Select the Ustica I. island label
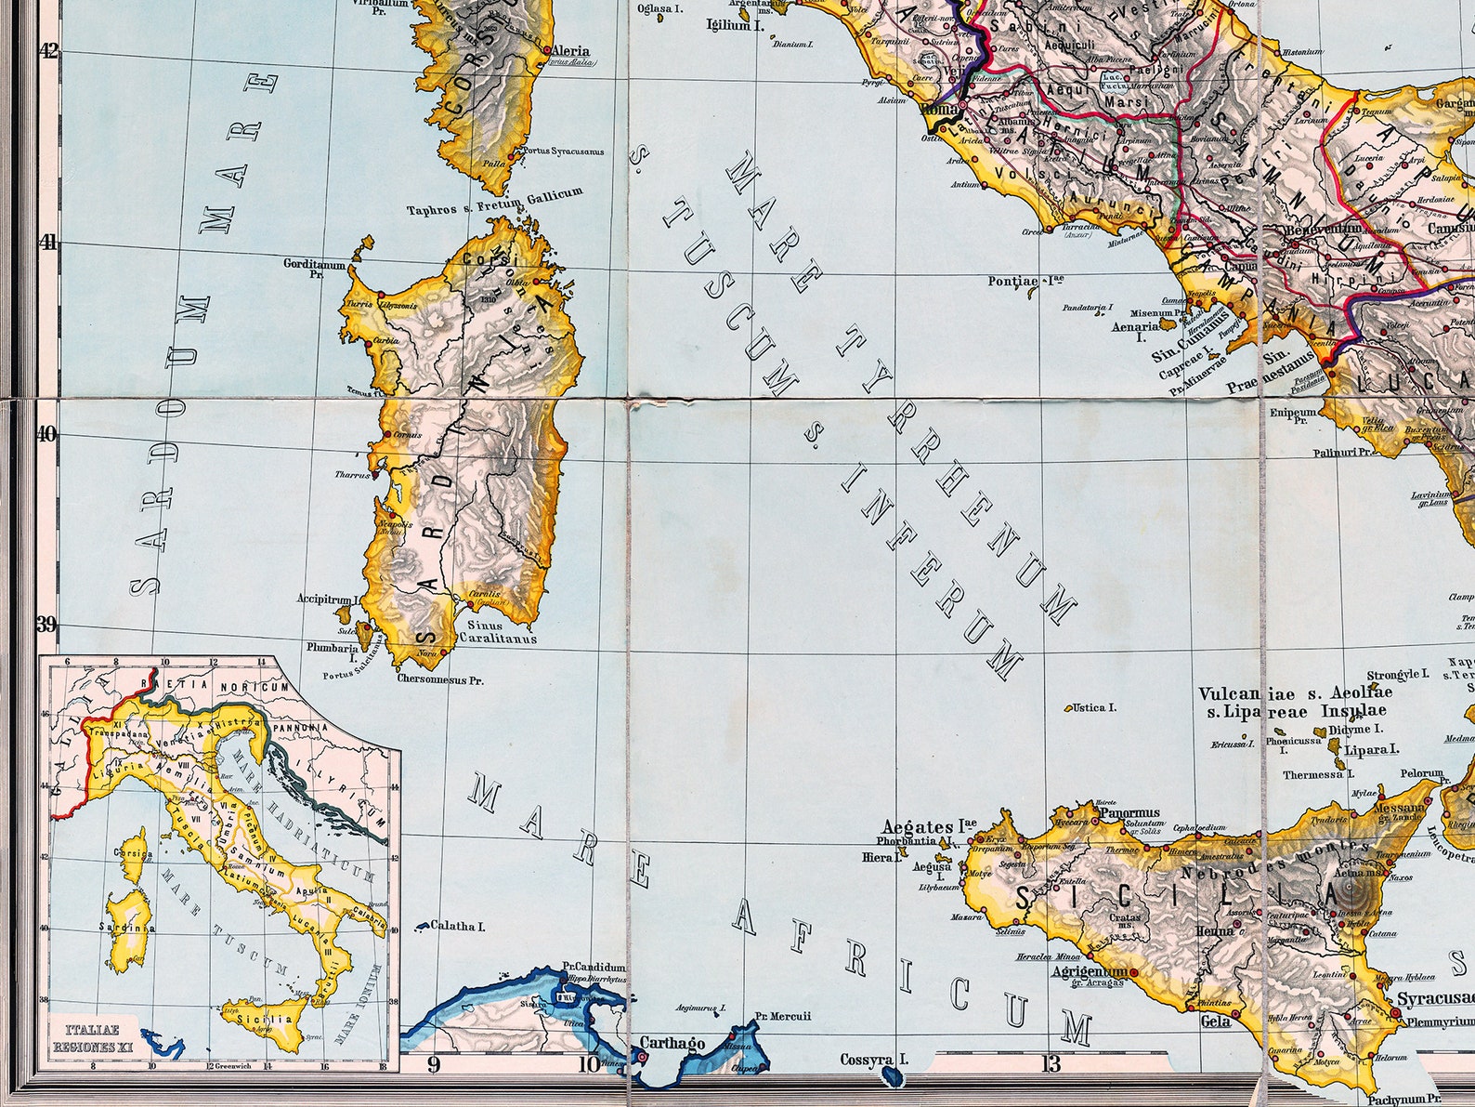[1094, 708]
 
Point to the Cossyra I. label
[873, 1059]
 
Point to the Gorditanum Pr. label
[315, 270]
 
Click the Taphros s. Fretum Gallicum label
[494, 202]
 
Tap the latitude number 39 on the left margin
[46, 624]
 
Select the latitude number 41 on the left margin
[46, 242]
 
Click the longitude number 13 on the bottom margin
[1051, 1063]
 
